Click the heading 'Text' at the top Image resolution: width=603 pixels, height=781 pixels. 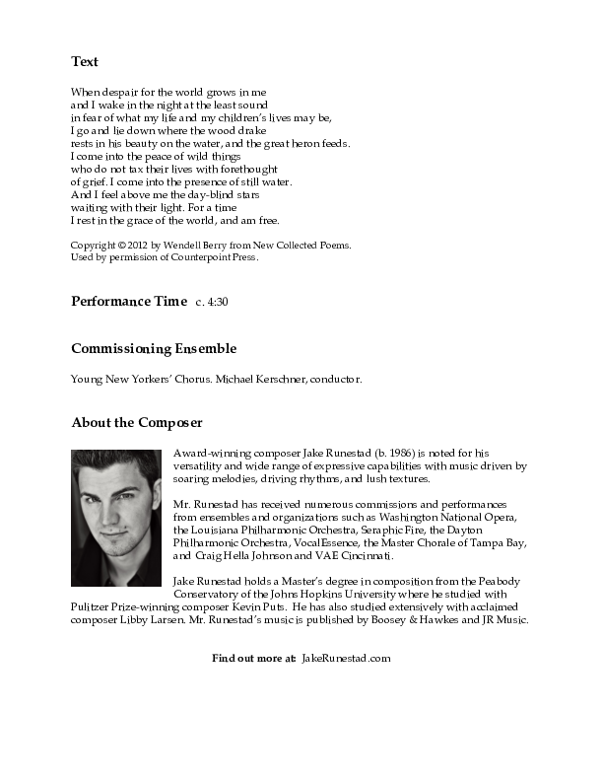(x=85, y=61)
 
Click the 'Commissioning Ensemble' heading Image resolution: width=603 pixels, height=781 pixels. (x=154, y=348)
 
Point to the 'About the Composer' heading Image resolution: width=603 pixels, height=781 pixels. (x=137, y=422)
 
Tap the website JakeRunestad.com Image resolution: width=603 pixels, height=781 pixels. (x=346, y=658)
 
